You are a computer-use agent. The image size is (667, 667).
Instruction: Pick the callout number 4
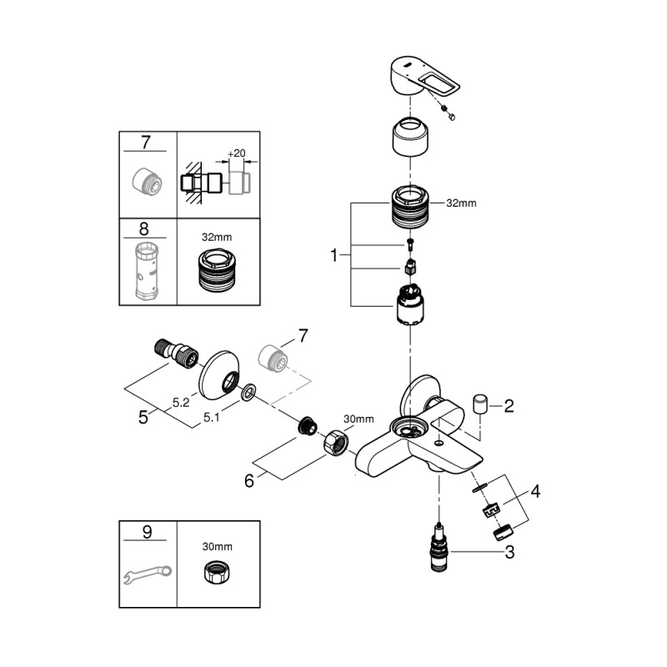click(x=535, y=492)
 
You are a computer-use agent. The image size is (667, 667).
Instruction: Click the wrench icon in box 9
click(x=147, y=574)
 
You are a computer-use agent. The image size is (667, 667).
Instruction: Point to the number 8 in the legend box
click(x=146, y=228)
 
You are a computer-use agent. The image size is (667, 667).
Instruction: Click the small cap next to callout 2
click(x=480, y=404)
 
